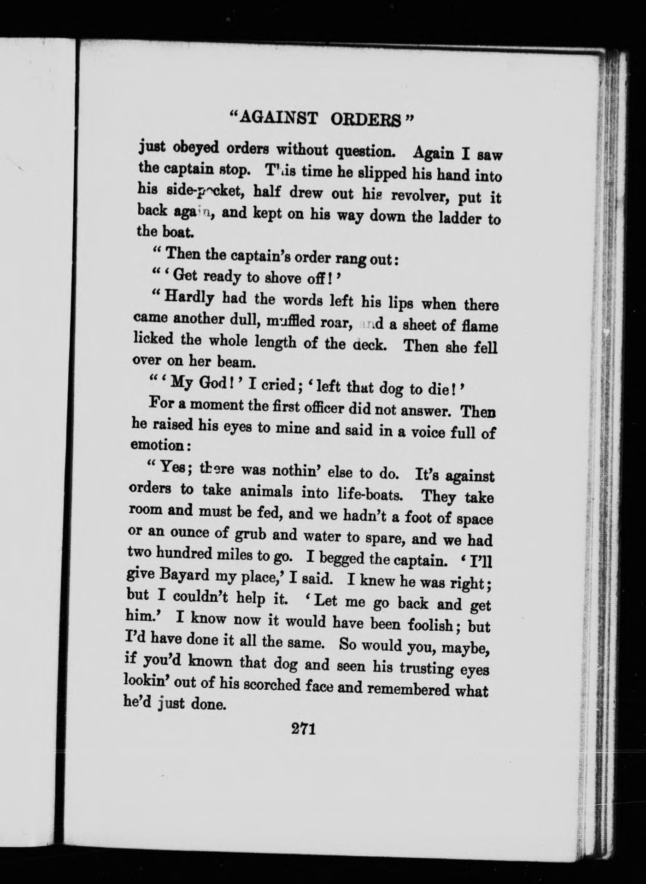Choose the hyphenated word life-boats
359,495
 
